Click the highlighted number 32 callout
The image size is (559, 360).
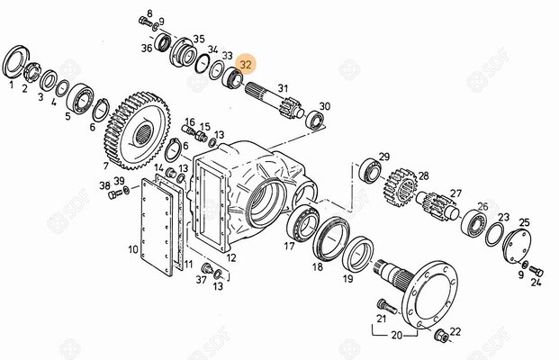coord(246,64)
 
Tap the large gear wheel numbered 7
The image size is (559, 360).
coord(138,130)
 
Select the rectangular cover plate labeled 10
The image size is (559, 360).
coord(157,226)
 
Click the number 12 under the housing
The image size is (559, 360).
coord(231,257)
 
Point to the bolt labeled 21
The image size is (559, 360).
coord(386,306)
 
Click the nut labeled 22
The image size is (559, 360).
coord(441,336)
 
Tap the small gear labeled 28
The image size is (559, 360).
coord(401,187)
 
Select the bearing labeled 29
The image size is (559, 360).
coord(371,171)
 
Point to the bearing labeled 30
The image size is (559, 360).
coord(315,120)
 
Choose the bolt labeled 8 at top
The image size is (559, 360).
coord(145,21)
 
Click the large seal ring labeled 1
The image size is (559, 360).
coord(15,64)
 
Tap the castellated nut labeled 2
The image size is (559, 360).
coord(32,71)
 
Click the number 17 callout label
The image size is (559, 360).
coord(289,246)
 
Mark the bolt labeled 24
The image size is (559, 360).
coord(536,271)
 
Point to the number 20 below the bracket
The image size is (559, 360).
coord(396,335)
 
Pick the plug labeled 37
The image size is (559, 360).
coord(206,268)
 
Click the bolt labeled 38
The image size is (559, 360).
coord(115,194)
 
